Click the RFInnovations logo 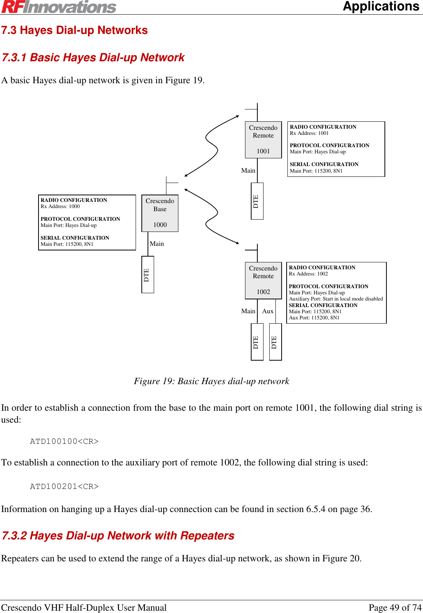tap(59, 7)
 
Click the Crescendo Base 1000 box tap(160, 213)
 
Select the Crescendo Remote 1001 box tap(263, 139)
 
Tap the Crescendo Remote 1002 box tap(263, 280)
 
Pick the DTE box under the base tap(148, 274)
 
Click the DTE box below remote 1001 tap(257, 201)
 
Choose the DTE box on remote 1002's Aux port tap(275, 342)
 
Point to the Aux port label tap(268, 311)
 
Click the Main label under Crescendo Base tap(157, 244)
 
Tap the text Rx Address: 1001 tap(309, 133)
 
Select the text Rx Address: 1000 tap(60, 207)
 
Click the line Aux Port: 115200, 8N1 tap(314, 318)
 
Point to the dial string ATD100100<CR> tap(64, 442)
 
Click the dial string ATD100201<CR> tap(64, 487)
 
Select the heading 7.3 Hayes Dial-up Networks tap(74, 30)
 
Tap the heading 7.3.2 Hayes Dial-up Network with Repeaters tap(118, 536)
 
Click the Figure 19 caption tap(211, 381)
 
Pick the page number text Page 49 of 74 tap(395, 608)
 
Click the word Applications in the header tap(381, 7)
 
